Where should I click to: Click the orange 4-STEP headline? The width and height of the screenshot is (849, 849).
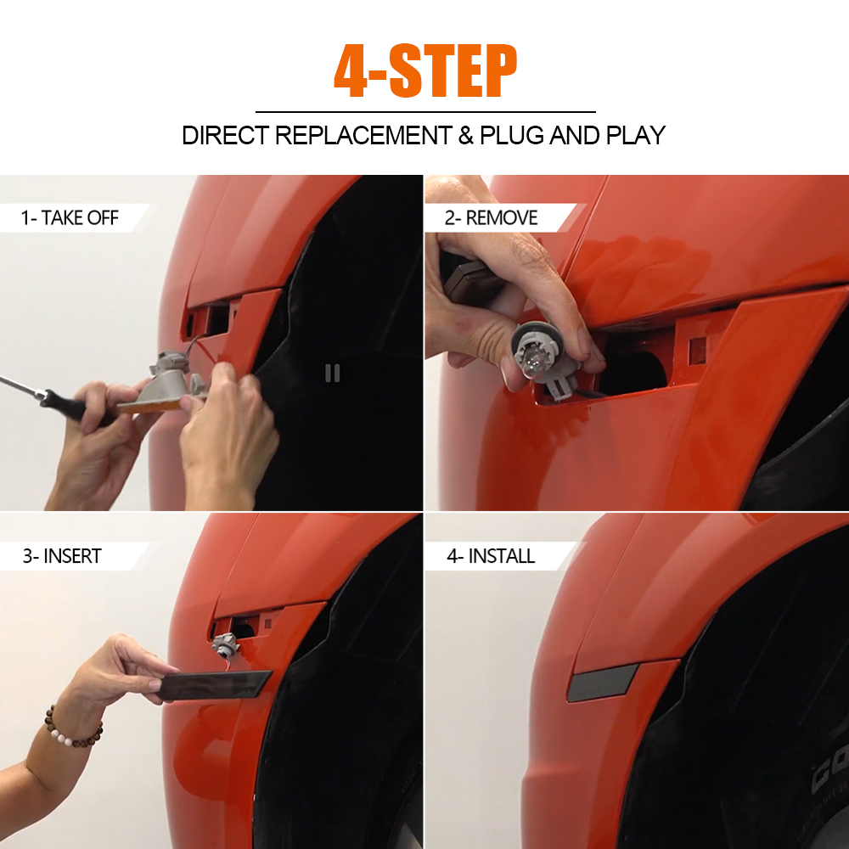tap(425, 71)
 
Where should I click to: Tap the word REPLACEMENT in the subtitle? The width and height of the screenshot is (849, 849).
tap(363, 135)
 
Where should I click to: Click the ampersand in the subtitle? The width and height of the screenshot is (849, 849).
tap(465, 135)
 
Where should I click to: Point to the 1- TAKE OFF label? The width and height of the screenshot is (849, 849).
tap(70, 217)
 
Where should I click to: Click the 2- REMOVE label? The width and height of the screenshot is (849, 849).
tap(491, 217)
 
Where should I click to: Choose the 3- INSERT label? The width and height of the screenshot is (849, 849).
tap(62, 556)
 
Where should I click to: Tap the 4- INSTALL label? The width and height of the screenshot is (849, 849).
tap(491, 556)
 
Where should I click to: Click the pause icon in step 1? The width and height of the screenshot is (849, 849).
tap(333, 373)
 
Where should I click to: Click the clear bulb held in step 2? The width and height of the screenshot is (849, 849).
tap(530, 358)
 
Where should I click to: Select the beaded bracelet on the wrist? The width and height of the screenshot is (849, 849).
tap(73, 728)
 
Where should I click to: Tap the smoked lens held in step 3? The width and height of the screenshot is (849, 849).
tap(216, 685)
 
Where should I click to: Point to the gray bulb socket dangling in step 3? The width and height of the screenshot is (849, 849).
tap(223, 644)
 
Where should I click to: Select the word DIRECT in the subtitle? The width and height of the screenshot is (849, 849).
tap(225, 135)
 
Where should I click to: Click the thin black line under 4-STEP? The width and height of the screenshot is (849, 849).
tap(425, 112)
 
